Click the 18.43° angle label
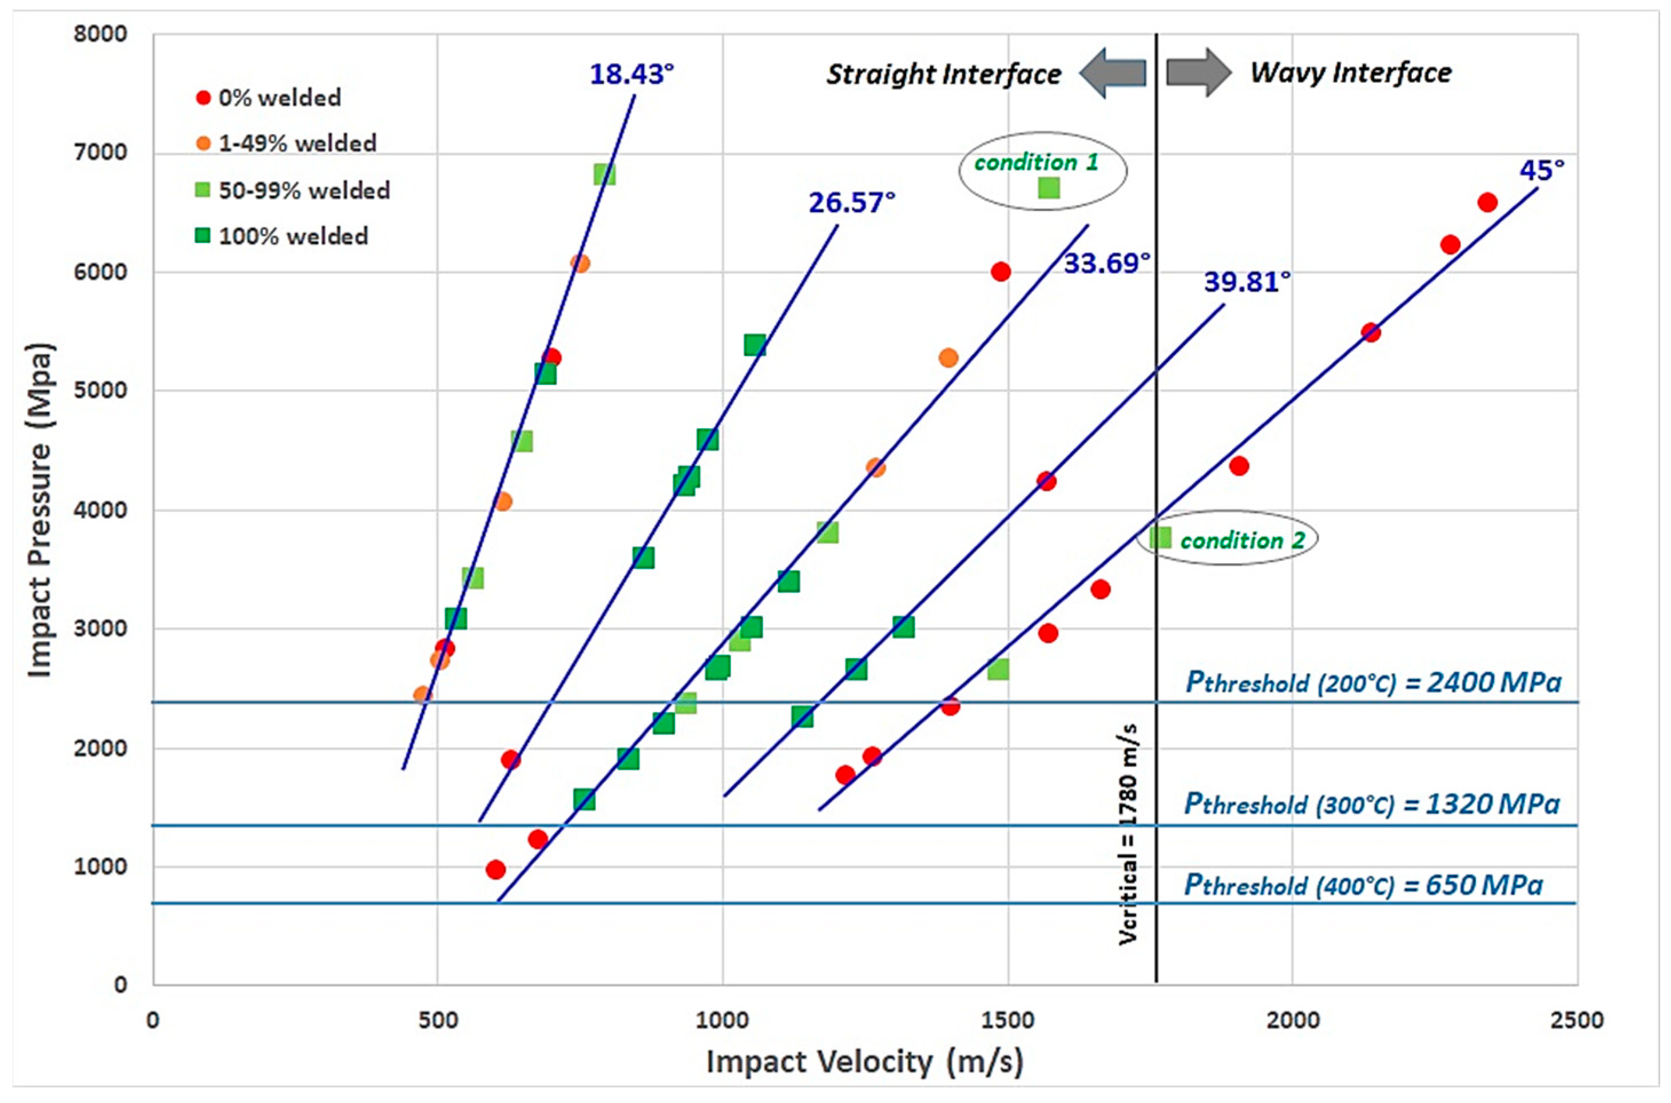click(x=631, y=74)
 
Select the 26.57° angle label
click(x=851, y=202)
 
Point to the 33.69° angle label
click(x=1106, y=263)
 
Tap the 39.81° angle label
click(x=1247, y=282)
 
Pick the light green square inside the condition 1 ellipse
click(x=1049, y=188)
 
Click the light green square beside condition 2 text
click(x=1160, y=538)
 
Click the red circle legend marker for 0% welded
click(x=203, y=98)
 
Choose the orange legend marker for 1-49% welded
click(x=203, y=144)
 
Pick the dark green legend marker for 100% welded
click(x=203, y=236)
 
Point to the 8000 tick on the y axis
click(x=100, y=34)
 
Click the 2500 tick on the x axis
click(x=1577, y=1020)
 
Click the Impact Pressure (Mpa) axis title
click(x=40, y=510)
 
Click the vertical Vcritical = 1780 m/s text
click(x=1129, y=834)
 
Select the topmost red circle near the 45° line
click(x=1487, y=202)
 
